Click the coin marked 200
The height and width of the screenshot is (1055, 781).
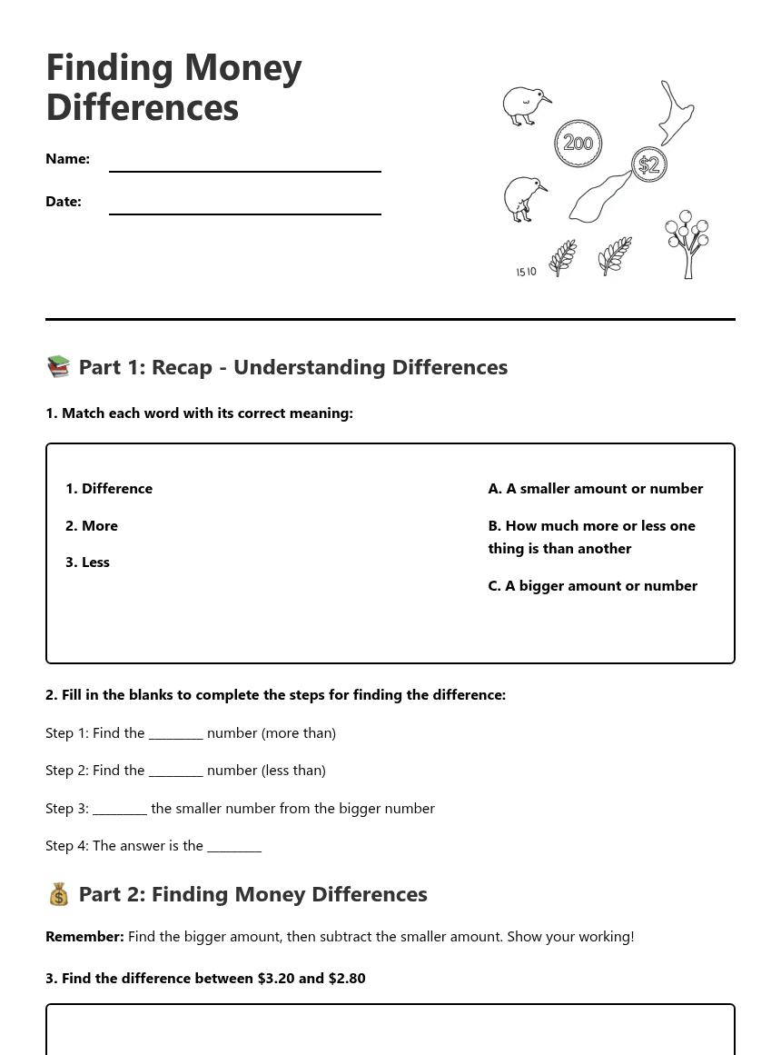click(578, 143)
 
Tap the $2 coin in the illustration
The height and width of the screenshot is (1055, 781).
click(648, 164)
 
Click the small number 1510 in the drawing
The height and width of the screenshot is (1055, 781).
click(526, 272)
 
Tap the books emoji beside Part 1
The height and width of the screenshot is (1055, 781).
click(58, 366)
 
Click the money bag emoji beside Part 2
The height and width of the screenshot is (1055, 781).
click(58, 894)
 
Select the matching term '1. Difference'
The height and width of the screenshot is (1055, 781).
click(109, 489)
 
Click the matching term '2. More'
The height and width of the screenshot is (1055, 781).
click(92, 526)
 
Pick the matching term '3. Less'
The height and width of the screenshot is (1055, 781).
click(87, 562)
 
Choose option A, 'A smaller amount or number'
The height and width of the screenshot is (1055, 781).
click(595, 489)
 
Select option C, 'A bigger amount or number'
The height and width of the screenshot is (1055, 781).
click(592, 586)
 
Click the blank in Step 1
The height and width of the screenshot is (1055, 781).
click(175, 734)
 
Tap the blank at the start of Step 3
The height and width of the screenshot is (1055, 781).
click(119, 810)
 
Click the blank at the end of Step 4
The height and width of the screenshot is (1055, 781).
click(234, 847)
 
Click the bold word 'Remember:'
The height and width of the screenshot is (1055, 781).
click(84, 937)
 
